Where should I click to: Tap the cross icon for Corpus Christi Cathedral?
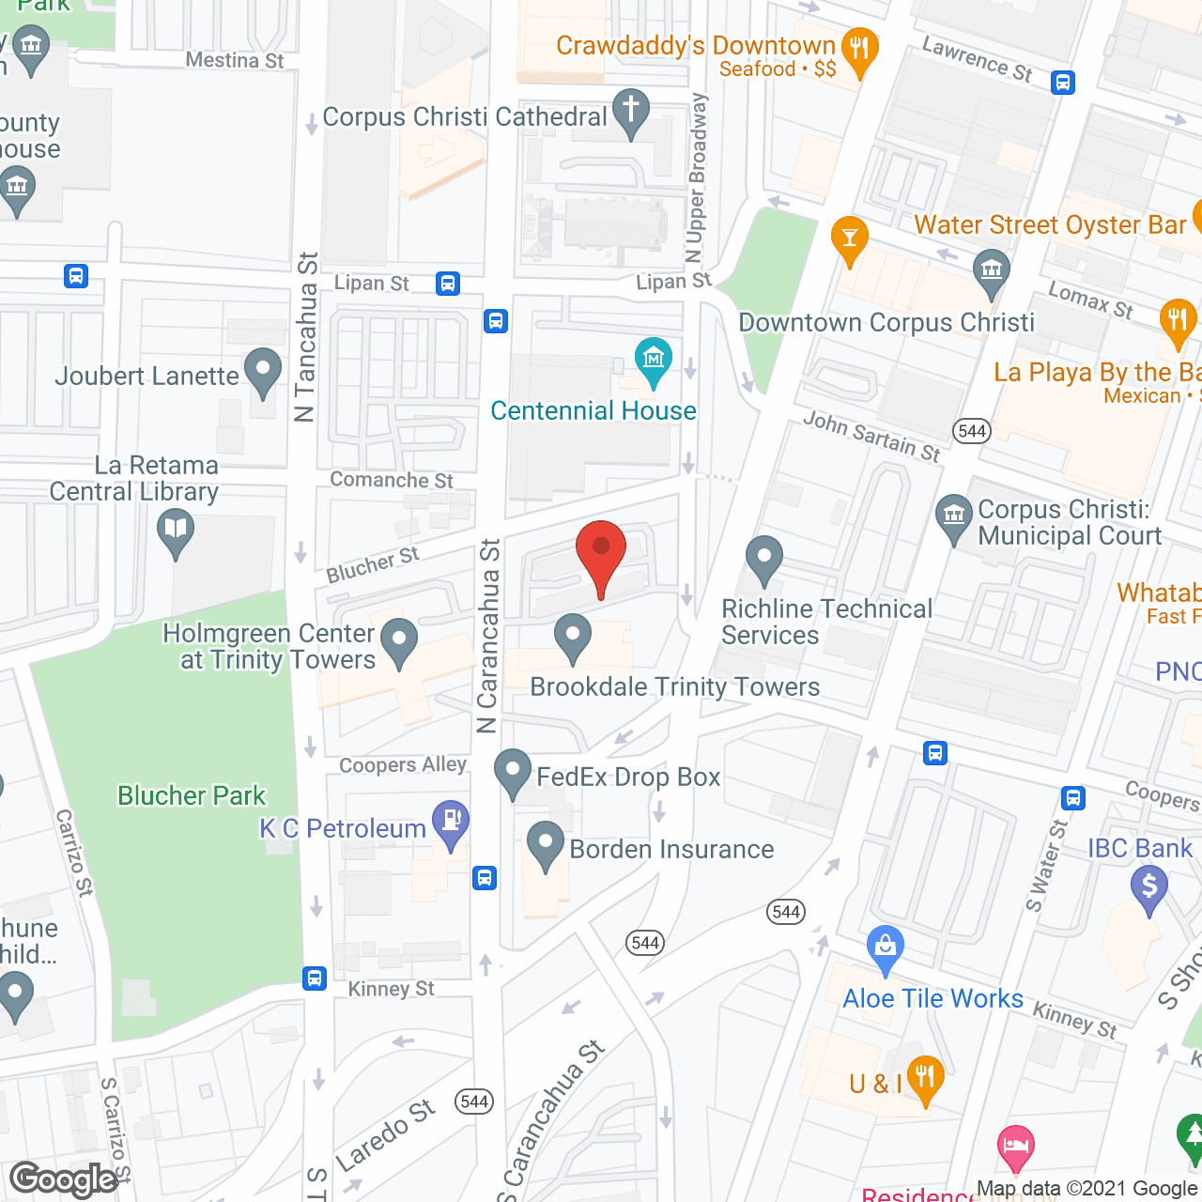pos(631,111)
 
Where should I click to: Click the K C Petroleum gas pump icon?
pos(451,821)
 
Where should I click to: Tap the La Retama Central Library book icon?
pos(176,530)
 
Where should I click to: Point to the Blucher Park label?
pos(192,795)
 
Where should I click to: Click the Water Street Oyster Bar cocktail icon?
pos(850,236)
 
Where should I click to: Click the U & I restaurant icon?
pos(926,1078)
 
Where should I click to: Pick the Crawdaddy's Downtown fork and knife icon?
pos(859,49)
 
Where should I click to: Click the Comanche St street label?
pos(392,480)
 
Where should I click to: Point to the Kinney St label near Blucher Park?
pos(392,989)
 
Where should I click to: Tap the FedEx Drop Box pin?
pos(513,772)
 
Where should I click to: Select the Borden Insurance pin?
pos(546,844)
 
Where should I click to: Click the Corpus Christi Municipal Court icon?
pos(954,516)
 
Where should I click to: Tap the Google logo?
pos(64,1179)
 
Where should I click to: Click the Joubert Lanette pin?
pos(263,370)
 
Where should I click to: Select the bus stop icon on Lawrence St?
pos(1063,83)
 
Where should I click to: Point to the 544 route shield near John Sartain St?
pos(972,431)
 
